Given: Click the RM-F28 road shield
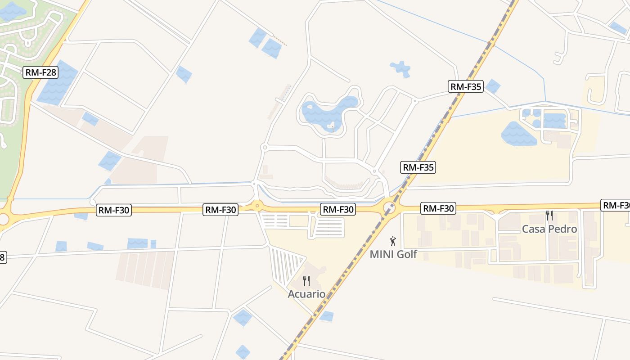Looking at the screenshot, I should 41,72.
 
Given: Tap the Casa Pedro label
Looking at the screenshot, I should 549,229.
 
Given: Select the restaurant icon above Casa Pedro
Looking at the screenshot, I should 549,216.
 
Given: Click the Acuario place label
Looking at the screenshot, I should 306,294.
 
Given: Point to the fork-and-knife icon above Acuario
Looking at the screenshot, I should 306,281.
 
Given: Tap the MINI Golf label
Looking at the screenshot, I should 393,254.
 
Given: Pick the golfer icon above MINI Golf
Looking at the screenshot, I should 393,241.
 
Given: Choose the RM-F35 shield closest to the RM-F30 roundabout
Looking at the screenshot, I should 418,167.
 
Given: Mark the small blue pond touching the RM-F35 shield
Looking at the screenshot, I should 493,85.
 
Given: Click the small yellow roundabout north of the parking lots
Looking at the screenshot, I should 257,206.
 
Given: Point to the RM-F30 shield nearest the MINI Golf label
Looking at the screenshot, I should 438,208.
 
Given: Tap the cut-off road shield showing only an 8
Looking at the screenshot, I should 3,257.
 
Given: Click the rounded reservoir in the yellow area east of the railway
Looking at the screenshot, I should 518,134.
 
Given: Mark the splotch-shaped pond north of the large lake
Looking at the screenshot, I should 400,68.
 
